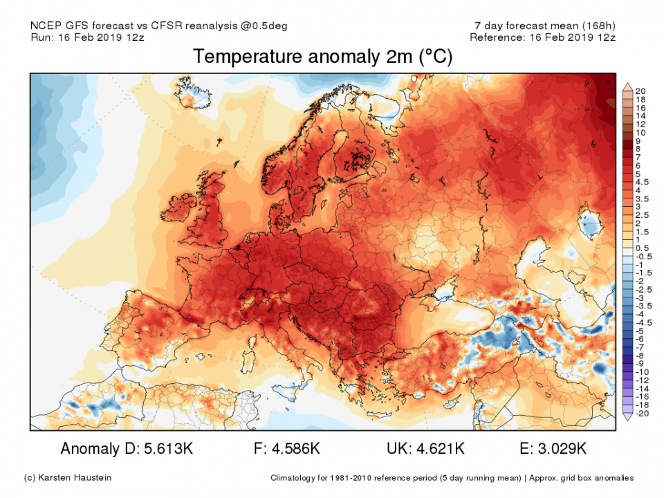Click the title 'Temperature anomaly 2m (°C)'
click(x=322, y=57)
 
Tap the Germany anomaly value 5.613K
click(x=166, y=449)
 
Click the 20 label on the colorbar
click(x=640, y=91)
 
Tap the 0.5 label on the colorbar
click(x=641, y=248)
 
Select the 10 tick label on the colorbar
click(x=640, y=132)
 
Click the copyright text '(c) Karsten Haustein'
click(x=67, y=478)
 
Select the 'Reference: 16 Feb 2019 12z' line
click(x=542, y=37)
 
